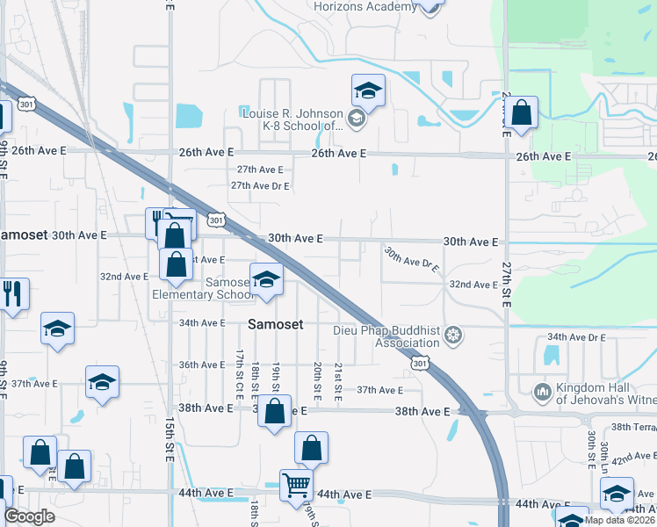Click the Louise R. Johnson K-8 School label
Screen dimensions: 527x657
[x=292, y=119]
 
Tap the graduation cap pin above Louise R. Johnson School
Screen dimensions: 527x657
[x=369, y=90]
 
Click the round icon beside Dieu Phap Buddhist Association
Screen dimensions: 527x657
[x=453, y=334]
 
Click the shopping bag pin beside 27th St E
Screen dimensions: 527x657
[x=521, y=113]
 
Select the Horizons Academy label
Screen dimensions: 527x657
[x=365, y=7]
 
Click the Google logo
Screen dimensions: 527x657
[x=29, y=516]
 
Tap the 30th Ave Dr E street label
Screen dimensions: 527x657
[x=411, y=261]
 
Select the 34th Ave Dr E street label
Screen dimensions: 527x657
[x=577, y=337]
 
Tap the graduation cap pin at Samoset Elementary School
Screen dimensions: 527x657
[x=267, y=280]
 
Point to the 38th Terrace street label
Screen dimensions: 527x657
[x=634, y=427]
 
